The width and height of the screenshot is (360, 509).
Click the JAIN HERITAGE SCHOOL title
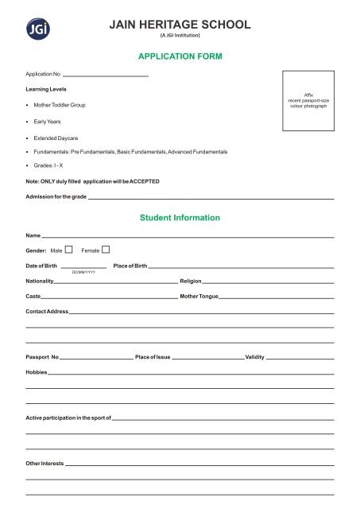(180, 25)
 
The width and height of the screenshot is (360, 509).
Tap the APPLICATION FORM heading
(180, 57)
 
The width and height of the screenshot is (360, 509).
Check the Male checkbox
(69, 251)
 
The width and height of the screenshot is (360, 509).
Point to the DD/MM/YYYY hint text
(83, 272)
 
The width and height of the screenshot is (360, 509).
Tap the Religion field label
(191, 281)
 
